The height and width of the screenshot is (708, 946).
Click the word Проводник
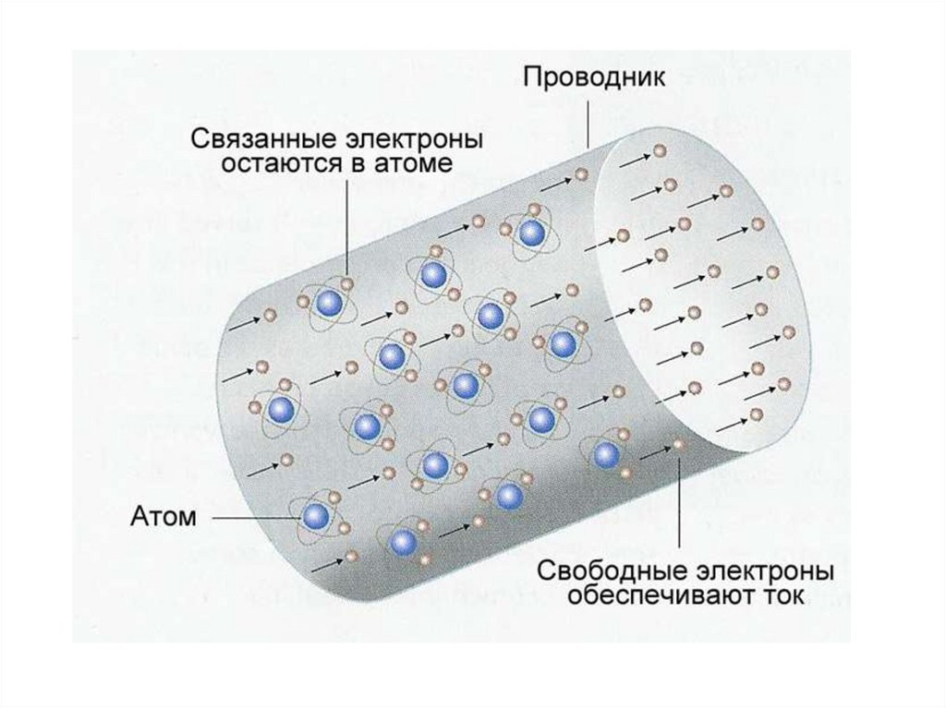click(594, 76)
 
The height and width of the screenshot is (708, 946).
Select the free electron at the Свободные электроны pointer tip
click(679, 445)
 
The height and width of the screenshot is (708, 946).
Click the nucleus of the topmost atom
click(530, 233)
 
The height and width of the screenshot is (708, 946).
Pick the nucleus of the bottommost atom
click(403, 542)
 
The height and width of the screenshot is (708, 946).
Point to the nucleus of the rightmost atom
click(606, 452)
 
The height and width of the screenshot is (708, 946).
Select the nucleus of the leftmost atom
click(282, 410)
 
